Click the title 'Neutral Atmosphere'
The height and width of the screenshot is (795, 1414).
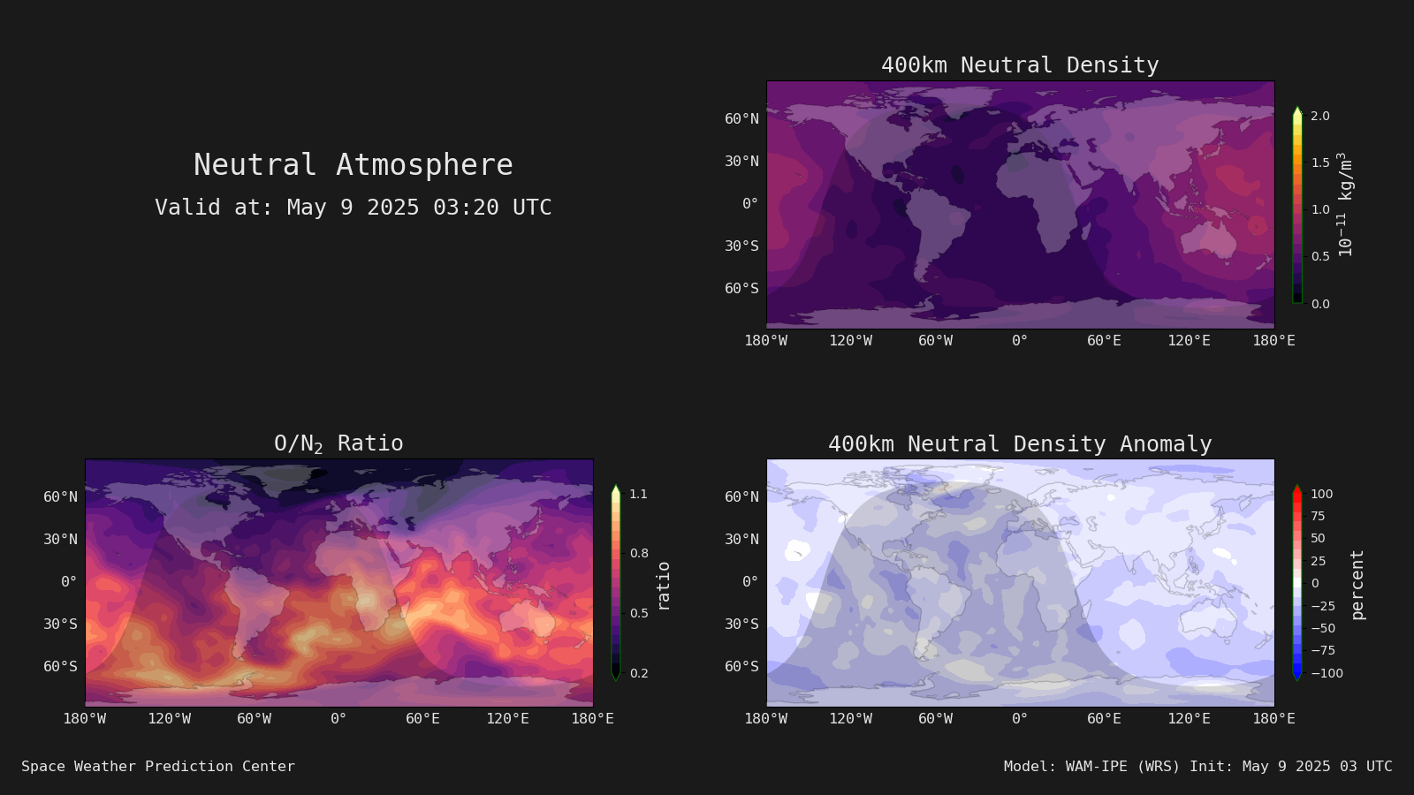[x=353, y=164]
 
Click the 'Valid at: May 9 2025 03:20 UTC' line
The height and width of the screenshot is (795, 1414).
[x=353, y=207]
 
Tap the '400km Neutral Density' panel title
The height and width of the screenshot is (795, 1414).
[x=1020, y=65]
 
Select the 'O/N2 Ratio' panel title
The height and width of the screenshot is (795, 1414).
[x=338, y=443]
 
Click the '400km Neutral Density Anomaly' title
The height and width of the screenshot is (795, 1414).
[x=1020, y=444]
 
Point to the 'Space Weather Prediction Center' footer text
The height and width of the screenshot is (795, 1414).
[x=158, y=766]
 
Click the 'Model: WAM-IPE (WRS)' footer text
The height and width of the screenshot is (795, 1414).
[x=1091, y=766]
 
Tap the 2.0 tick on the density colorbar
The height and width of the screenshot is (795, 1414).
[x=1320, y=116]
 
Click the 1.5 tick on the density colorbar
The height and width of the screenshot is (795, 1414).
[x=1320, y=163]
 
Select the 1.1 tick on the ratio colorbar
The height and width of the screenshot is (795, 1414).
[x=639, y=494]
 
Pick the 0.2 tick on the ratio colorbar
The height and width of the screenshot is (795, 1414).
[x=639, y=672]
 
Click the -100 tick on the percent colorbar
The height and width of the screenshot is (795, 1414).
[x=1327, y=672]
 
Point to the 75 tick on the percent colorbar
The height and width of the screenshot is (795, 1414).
[x=1318, y=516]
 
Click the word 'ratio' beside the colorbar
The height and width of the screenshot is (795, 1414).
[x=663, y=587]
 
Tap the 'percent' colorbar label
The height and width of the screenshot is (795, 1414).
[x=1357, y=585]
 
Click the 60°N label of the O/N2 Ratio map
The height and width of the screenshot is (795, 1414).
[x=60, y=496]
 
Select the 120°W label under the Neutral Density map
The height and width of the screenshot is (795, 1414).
[x=851, y=341]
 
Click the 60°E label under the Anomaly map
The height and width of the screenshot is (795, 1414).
[x=1104, y=719]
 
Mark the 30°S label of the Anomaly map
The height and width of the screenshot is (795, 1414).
[x=741, y=624]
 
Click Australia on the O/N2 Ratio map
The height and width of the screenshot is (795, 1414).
[x=529, y=618]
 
